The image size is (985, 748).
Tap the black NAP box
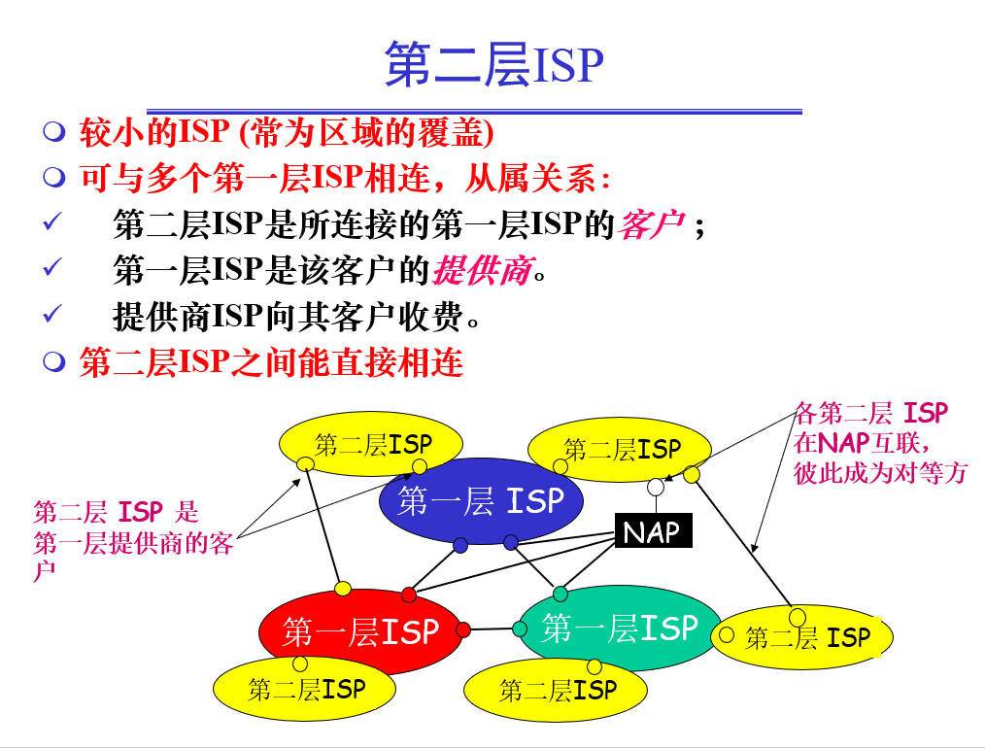(x=653, y=531)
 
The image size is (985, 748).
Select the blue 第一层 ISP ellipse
(x=480, y=501)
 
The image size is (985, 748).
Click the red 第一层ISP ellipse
(x=359, y=632)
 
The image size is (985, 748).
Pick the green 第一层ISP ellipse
(x=620, y=629)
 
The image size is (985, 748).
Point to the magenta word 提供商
(x=482, y=270)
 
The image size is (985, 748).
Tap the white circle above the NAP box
(x=657, y=486)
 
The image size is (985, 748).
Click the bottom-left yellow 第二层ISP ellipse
(x=305, y=689)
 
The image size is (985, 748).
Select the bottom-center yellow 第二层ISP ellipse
(x=556, y=691)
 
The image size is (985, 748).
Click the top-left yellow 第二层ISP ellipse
(x=371, y=445)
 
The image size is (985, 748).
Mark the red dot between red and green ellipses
(x=463, y=629)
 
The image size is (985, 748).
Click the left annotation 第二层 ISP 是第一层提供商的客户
(x=131, y=540)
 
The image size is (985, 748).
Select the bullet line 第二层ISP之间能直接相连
(x=271, y=362)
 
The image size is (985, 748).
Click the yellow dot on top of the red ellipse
(x=343, y=589)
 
